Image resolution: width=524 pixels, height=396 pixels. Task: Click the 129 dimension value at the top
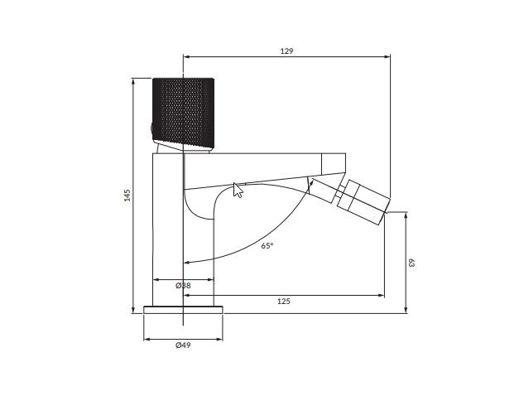click(x=286, y=51)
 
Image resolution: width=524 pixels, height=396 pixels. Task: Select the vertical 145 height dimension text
click(x=127, y=196)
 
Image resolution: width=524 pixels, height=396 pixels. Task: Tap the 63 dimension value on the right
click(x=411, y=263)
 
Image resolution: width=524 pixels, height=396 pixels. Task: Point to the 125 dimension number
click(x=283, y=302)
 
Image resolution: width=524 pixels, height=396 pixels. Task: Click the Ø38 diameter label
click(x=184, y=286)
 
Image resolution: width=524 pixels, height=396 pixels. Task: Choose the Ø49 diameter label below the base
click(x=183, y=345)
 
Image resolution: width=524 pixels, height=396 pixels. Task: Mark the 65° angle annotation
click(x=267, y=246)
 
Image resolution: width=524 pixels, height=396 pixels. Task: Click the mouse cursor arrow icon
click(x=238, y=191)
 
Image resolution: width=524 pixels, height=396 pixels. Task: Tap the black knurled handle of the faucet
click(x=184, y=111)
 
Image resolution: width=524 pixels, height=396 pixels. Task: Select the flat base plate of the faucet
click(x=183, y=310)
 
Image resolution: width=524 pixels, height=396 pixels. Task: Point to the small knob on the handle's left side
click(x=151, y=127)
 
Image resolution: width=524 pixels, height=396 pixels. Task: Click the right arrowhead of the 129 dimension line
click(x=387, y=57)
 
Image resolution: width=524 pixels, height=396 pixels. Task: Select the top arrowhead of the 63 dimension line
click(x=406, y=215)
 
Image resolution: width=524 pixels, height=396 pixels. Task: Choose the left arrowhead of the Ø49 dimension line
click(x=147, y=339)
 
